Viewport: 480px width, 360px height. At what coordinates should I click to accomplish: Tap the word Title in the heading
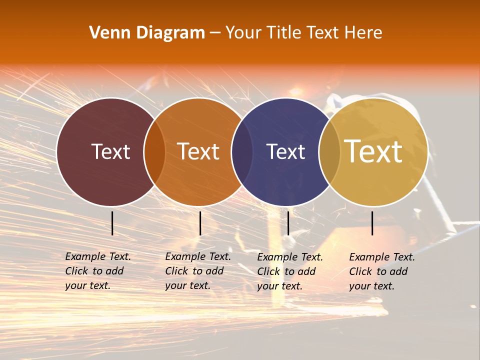284,33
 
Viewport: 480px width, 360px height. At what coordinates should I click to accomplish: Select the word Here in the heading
363,33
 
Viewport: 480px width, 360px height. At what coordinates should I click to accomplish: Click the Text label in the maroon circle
110,151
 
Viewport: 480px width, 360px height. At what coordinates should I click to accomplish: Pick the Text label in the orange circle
198,151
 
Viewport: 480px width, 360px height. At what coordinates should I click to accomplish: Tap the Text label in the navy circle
285,151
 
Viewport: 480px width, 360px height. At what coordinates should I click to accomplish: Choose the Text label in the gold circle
373,151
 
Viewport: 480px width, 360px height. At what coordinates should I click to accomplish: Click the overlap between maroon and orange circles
154,152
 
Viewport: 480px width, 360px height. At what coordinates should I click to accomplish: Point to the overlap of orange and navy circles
242,152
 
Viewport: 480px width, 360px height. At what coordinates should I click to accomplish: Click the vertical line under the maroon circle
112,223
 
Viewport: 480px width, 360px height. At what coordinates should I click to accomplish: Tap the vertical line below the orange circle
200,223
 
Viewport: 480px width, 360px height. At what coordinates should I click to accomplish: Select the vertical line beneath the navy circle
288,223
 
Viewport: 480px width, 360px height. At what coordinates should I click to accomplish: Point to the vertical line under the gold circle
372,223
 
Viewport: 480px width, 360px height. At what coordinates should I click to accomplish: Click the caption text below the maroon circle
98,271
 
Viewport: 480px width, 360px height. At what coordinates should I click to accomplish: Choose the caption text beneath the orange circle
198,271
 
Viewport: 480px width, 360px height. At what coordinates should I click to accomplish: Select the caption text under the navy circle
290,271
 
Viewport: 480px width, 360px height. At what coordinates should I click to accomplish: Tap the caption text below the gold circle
382,271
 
